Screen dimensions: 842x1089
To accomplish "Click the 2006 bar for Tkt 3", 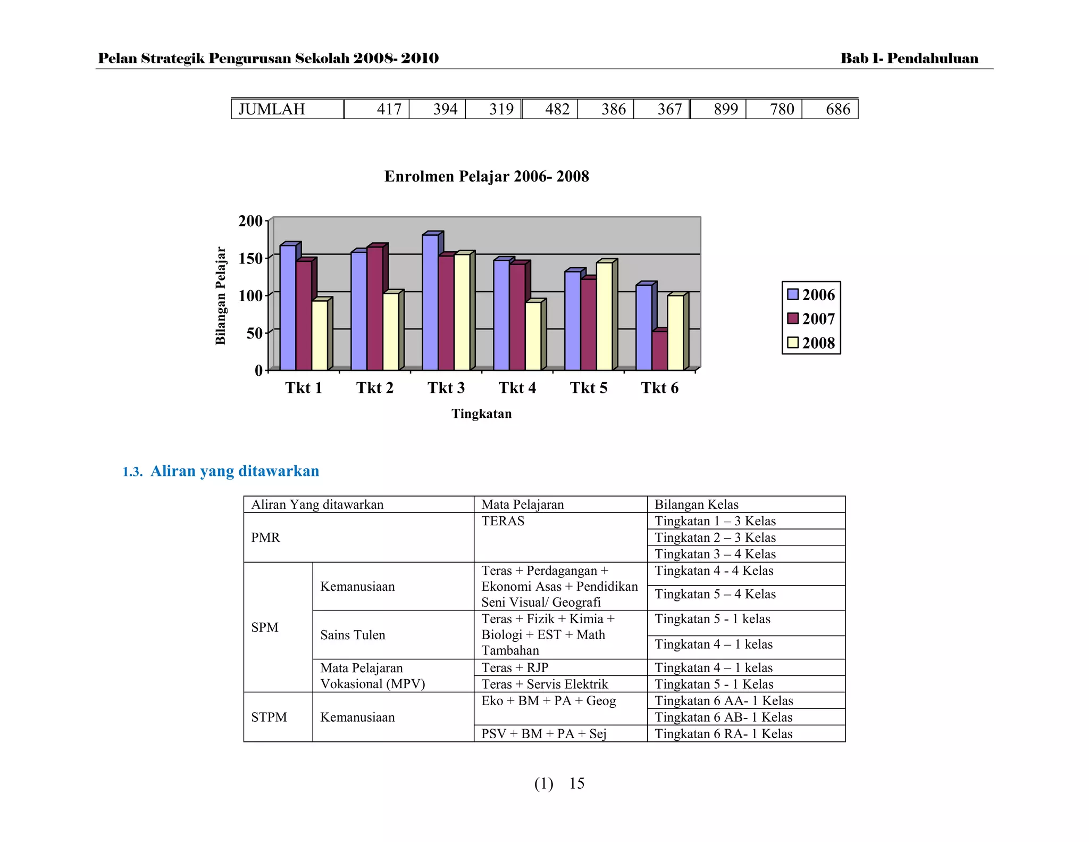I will pos(430,303).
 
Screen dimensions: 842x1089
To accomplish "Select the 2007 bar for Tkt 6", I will pos(659,351).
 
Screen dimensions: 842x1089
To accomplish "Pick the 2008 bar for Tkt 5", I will pos(604,317).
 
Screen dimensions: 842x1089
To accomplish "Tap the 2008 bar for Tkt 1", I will pos(320,336).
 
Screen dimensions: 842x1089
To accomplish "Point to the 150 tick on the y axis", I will pos(250,259).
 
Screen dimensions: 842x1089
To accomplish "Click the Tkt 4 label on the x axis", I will pos(517,388).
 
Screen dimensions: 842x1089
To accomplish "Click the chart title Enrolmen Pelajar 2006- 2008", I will pos(487,177).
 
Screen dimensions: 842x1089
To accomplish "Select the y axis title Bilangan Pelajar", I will pos(221,296).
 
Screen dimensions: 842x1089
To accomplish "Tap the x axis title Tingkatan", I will pos(481,414).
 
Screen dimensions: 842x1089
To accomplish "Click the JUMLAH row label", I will pos(272,109).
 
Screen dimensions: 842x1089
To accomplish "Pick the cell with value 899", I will pos(725,109).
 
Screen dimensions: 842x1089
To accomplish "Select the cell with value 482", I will pos(557,109).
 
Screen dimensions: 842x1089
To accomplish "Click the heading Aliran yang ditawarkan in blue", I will pos(234,471).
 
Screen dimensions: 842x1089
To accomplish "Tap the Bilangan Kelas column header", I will pos(696,505).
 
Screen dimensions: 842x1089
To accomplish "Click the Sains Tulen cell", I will pos(353,635).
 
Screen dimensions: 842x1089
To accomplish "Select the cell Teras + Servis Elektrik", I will pos(544,684).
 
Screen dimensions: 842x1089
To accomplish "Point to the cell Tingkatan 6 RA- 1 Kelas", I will pos(723,734).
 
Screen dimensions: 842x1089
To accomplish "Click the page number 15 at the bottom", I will pos(576,783).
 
